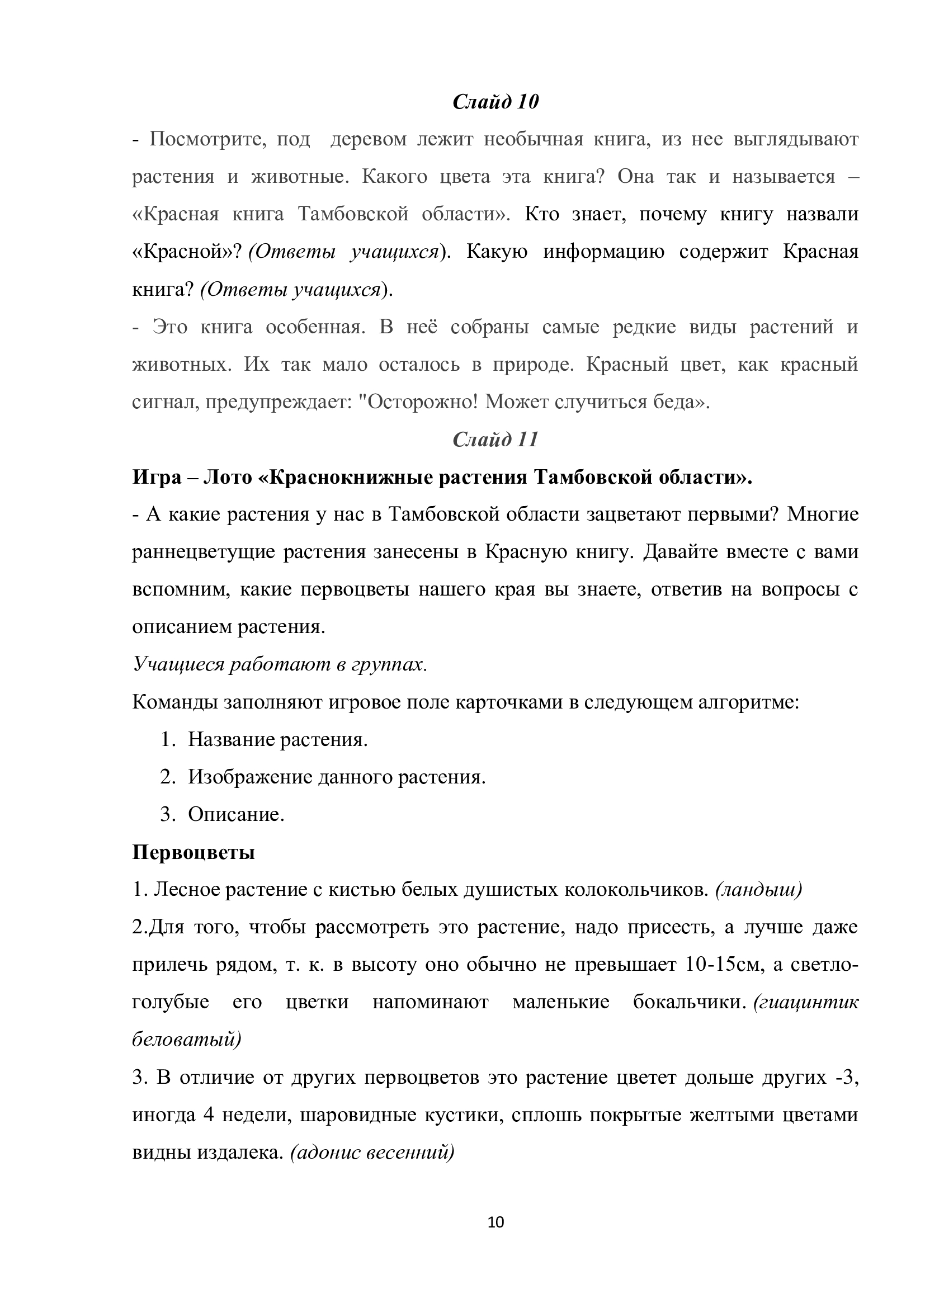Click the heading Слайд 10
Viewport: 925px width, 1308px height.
[495, 102]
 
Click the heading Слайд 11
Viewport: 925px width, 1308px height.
[495, 439]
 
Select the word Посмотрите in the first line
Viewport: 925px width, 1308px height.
[208, 140]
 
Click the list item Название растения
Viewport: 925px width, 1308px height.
[278, 739]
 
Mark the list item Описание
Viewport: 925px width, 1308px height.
[236, 815]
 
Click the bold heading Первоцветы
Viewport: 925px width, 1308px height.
[193, 852]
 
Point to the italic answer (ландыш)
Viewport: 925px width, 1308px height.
[759, 889]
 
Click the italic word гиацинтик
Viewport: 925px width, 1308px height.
[806, 1002]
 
